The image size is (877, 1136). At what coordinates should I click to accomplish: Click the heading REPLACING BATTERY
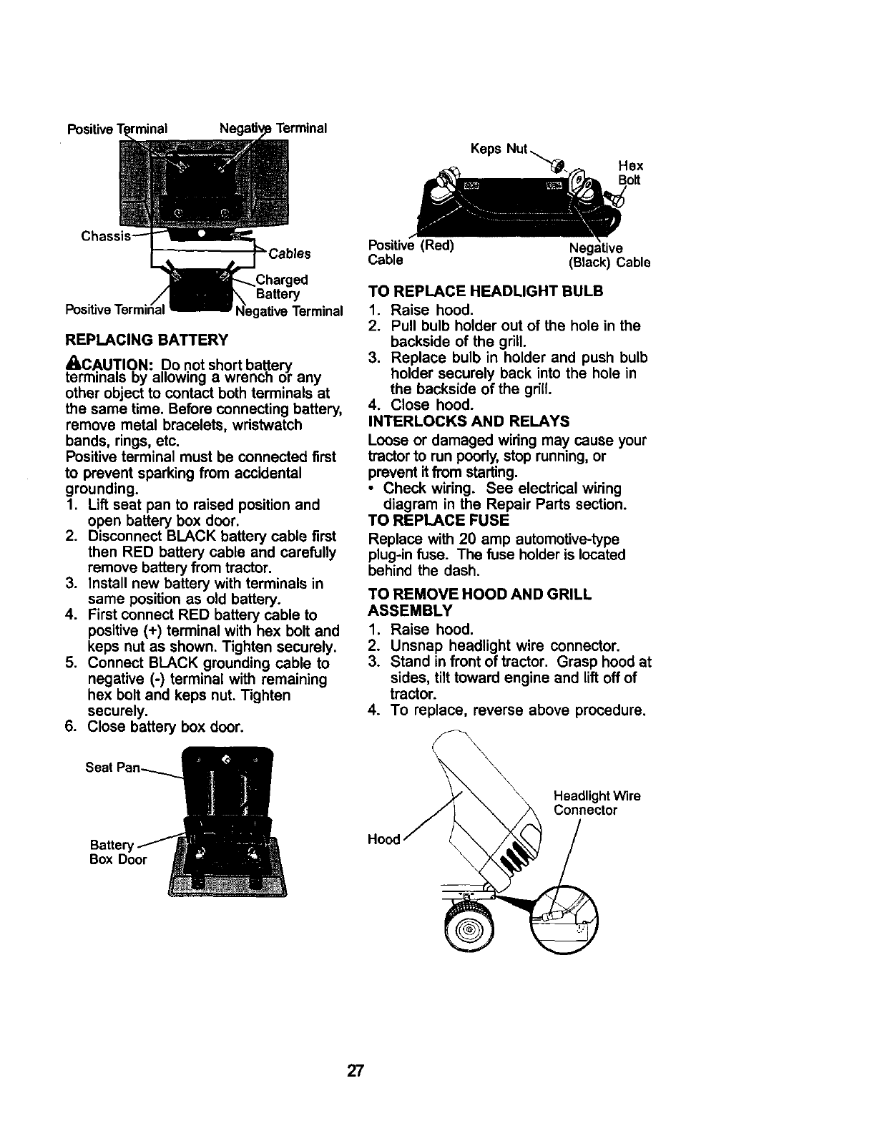click(147, 338)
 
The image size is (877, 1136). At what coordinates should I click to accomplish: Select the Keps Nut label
click(498, 150)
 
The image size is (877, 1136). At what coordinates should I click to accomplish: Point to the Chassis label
click(105, 236)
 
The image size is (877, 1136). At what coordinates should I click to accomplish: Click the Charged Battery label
click(281, 287)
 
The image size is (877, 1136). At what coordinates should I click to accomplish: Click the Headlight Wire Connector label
click(597, 803)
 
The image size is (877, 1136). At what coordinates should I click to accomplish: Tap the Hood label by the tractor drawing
click(385, 839)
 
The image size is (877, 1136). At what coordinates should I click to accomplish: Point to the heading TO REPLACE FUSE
click(438, 519)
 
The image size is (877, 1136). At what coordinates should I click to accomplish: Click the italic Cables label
click(289, 254)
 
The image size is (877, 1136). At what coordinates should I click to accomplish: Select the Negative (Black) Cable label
click(609, 255)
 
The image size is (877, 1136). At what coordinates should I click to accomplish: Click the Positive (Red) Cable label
click(411, 252)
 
